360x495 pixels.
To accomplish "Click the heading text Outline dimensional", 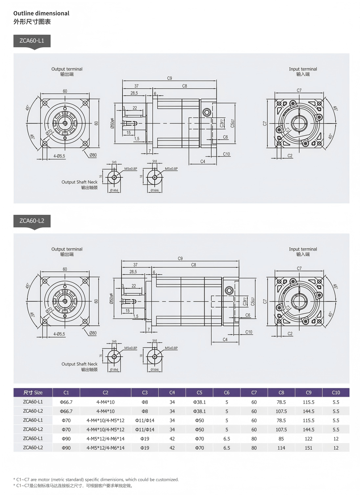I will (41, 13).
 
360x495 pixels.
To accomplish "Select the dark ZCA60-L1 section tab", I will (32, 41).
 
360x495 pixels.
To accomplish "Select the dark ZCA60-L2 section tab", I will (32, 221).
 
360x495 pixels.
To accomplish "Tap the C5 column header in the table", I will (199, 393).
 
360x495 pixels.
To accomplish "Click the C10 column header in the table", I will (336, 393).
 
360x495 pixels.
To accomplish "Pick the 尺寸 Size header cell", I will (33, 393).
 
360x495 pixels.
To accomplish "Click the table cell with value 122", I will (308, 439).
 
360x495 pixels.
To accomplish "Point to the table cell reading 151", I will (308, 448).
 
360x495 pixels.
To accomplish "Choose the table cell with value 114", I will (281, 448).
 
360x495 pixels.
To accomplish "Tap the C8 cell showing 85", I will (281, 439).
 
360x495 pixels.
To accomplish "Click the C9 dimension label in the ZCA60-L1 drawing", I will (169, 78).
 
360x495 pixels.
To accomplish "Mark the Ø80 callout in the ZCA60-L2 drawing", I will (93, 333).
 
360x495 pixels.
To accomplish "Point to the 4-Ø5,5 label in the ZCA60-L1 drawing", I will (59, 156).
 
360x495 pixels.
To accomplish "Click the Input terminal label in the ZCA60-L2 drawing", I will (303, 249).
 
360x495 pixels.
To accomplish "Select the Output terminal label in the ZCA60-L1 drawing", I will (67, 69).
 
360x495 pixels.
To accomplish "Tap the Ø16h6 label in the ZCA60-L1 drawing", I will (155, 191).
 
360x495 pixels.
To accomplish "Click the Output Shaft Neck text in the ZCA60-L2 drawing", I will (79, 364).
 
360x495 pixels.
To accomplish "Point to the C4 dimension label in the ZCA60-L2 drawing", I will (225, 340).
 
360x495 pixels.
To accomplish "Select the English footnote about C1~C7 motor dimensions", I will (96, 480).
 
